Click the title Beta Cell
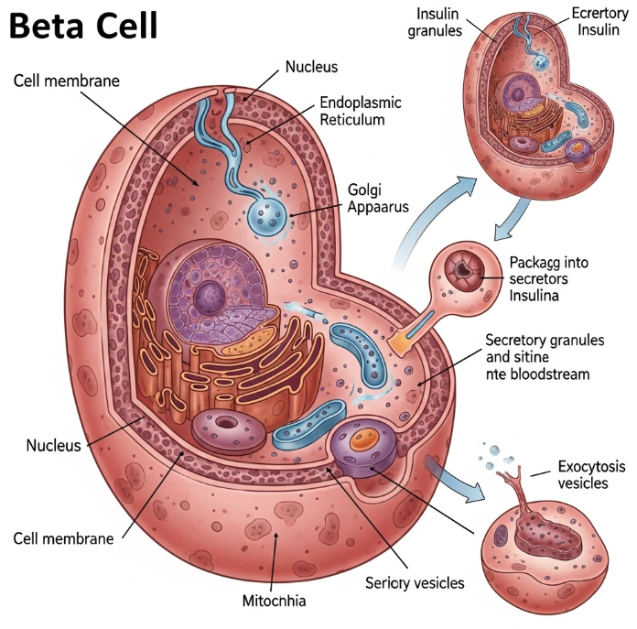(x=83, y=27)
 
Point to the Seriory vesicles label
(x=415, y=582)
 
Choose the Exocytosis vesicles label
(x=581, y=475)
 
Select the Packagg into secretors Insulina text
(x=549, y=279)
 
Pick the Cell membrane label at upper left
(x=67, y=81)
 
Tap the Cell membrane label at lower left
(x=64, y=538)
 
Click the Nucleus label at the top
(x=311, y=67)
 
